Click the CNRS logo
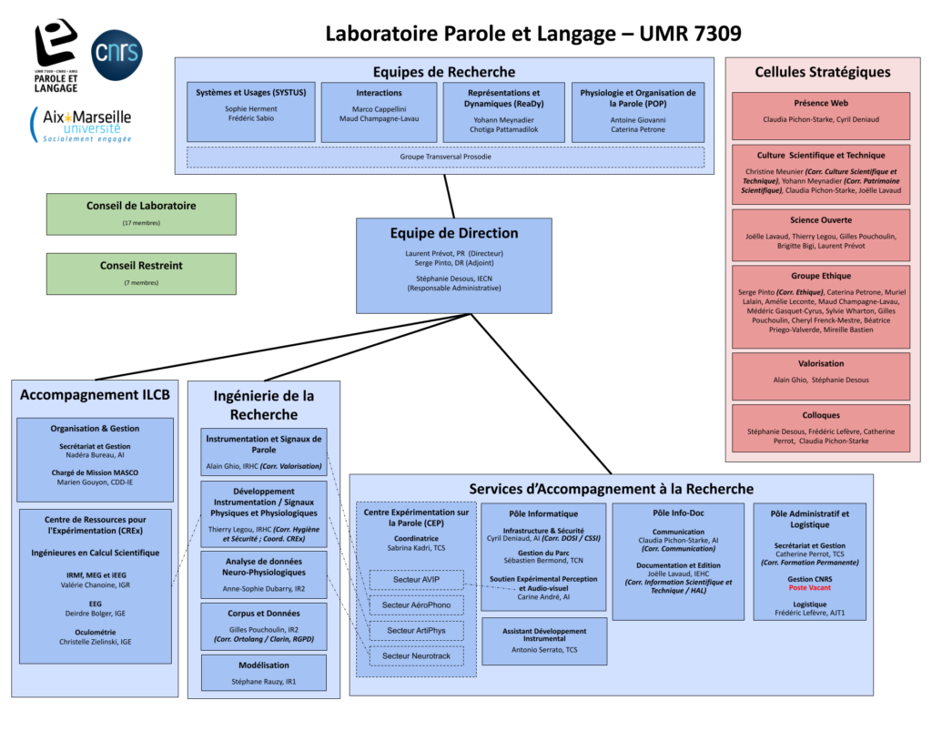(117, 55)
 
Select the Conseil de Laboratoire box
(141, 214)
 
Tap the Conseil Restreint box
(141, 273)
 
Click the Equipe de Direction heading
(454, 233)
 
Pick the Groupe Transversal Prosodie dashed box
(445, 157)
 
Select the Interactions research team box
(379, 112)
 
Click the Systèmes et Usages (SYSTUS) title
(251, 93)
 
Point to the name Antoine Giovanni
(637, 119)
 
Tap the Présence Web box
(820, 115)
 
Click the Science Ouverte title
(821, 220)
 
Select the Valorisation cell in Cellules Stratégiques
(820, 376)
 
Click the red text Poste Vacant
(810, 588)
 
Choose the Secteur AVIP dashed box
(417, 580)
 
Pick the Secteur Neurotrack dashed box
(417, 655)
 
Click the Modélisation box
(264, 673)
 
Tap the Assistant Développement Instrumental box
(543, 641)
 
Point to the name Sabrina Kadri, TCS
(416, 549)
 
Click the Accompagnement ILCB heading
(95, 395)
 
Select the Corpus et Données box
(264, 626)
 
